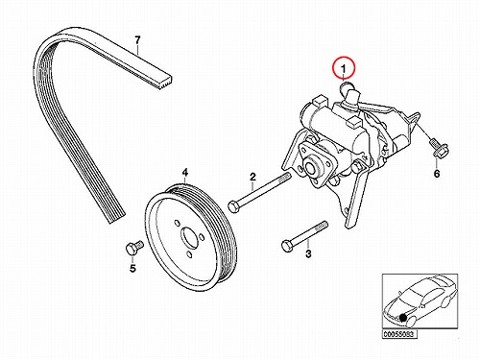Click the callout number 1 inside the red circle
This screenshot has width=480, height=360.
(x=344, y=69)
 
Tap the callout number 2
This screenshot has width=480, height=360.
(x=252, y=177)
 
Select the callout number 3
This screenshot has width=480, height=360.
(x=308, y=254)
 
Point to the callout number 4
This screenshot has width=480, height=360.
(x=185, y=173)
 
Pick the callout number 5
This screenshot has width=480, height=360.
(x=132, y=268)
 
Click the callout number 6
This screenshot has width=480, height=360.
(x=437, y=174)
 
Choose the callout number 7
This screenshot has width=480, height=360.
(x=137, y=40)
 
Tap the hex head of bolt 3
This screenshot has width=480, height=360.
(x=286, y=246)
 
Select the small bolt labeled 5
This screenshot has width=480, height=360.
(x=134, y=248)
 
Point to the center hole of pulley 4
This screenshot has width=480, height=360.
(x=189, y=237)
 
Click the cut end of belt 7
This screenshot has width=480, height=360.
(x=164, y=81)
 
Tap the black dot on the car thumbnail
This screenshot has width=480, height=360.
(x=403, y=318)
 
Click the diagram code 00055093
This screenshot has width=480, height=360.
(x=399, y=334)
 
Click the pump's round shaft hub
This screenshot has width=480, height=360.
(x=310, y=168)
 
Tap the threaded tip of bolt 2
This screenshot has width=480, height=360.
(x=286, y=178)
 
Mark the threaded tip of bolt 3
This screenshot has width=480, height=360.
(x=323, y=225)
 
